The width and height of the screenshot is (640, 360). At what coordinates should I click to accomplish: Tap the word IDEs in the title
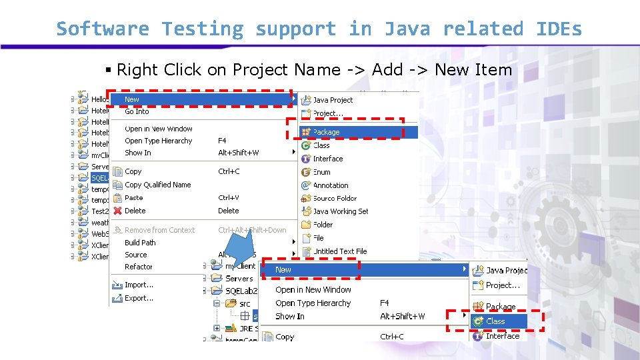click(x=559, y=29)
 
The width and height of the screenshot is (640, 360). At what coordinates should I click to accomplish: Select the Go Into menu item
click(x=137, y=111)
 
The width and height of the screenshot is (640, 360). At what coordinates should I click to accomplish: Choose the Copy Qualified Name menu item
click(x=157, y=185)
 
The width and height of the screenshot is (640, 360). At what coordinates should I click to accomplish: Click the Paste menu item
click(x=133, y=198)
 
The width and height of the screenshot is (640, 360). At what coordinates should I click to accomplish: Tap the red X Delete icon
click(x=117, y=211)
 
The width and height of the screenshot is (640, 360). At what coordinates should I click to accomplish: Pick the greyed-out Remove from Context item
click(x=159, y=230)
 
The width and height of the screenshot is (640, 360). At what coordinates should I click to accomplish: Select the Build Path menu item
click(x=140, y=243)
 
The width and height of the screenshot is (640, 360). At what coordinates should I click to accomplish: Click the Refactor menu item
click(x=138, y=267)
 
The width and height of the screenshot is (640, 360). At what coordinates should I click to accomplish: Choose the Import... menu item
click(x=139, y=285)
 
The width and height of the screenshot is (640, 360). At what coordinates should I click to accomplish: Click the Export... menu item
click(x=139, y=298)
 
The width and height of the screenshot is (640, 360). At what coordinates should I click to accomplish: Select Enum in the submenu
click(x=321, y=172)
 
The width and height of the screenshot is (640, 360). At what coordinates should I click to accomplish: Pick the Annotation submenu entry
click(x=331, y=185)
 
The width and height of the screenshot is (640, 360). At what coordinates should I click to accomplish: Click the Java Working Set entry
click(x=340, y=211)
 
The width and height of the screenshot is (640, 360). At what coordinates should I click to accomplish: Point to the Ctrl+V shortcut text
click(x=229, y=198)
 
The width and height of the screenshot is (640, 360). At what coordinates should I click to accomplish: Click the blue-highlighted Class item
click(x=495, y=321)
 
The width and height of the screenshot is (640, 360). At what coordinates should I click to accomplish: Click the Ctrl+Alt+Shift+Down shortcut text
click(x=252, y=230)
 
